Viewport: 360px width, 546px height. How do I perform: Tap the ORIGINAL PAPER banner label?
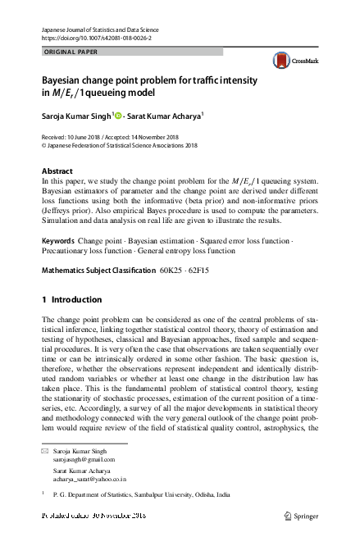pyautogui.click(x=71, y=51)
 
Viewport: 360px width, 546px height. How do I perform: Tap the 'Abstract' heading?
pyautogui.click(x=57, y=171)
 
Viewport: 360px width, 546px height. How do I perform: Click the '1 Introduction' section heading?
pyautogui.click(x=71, y=299)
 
